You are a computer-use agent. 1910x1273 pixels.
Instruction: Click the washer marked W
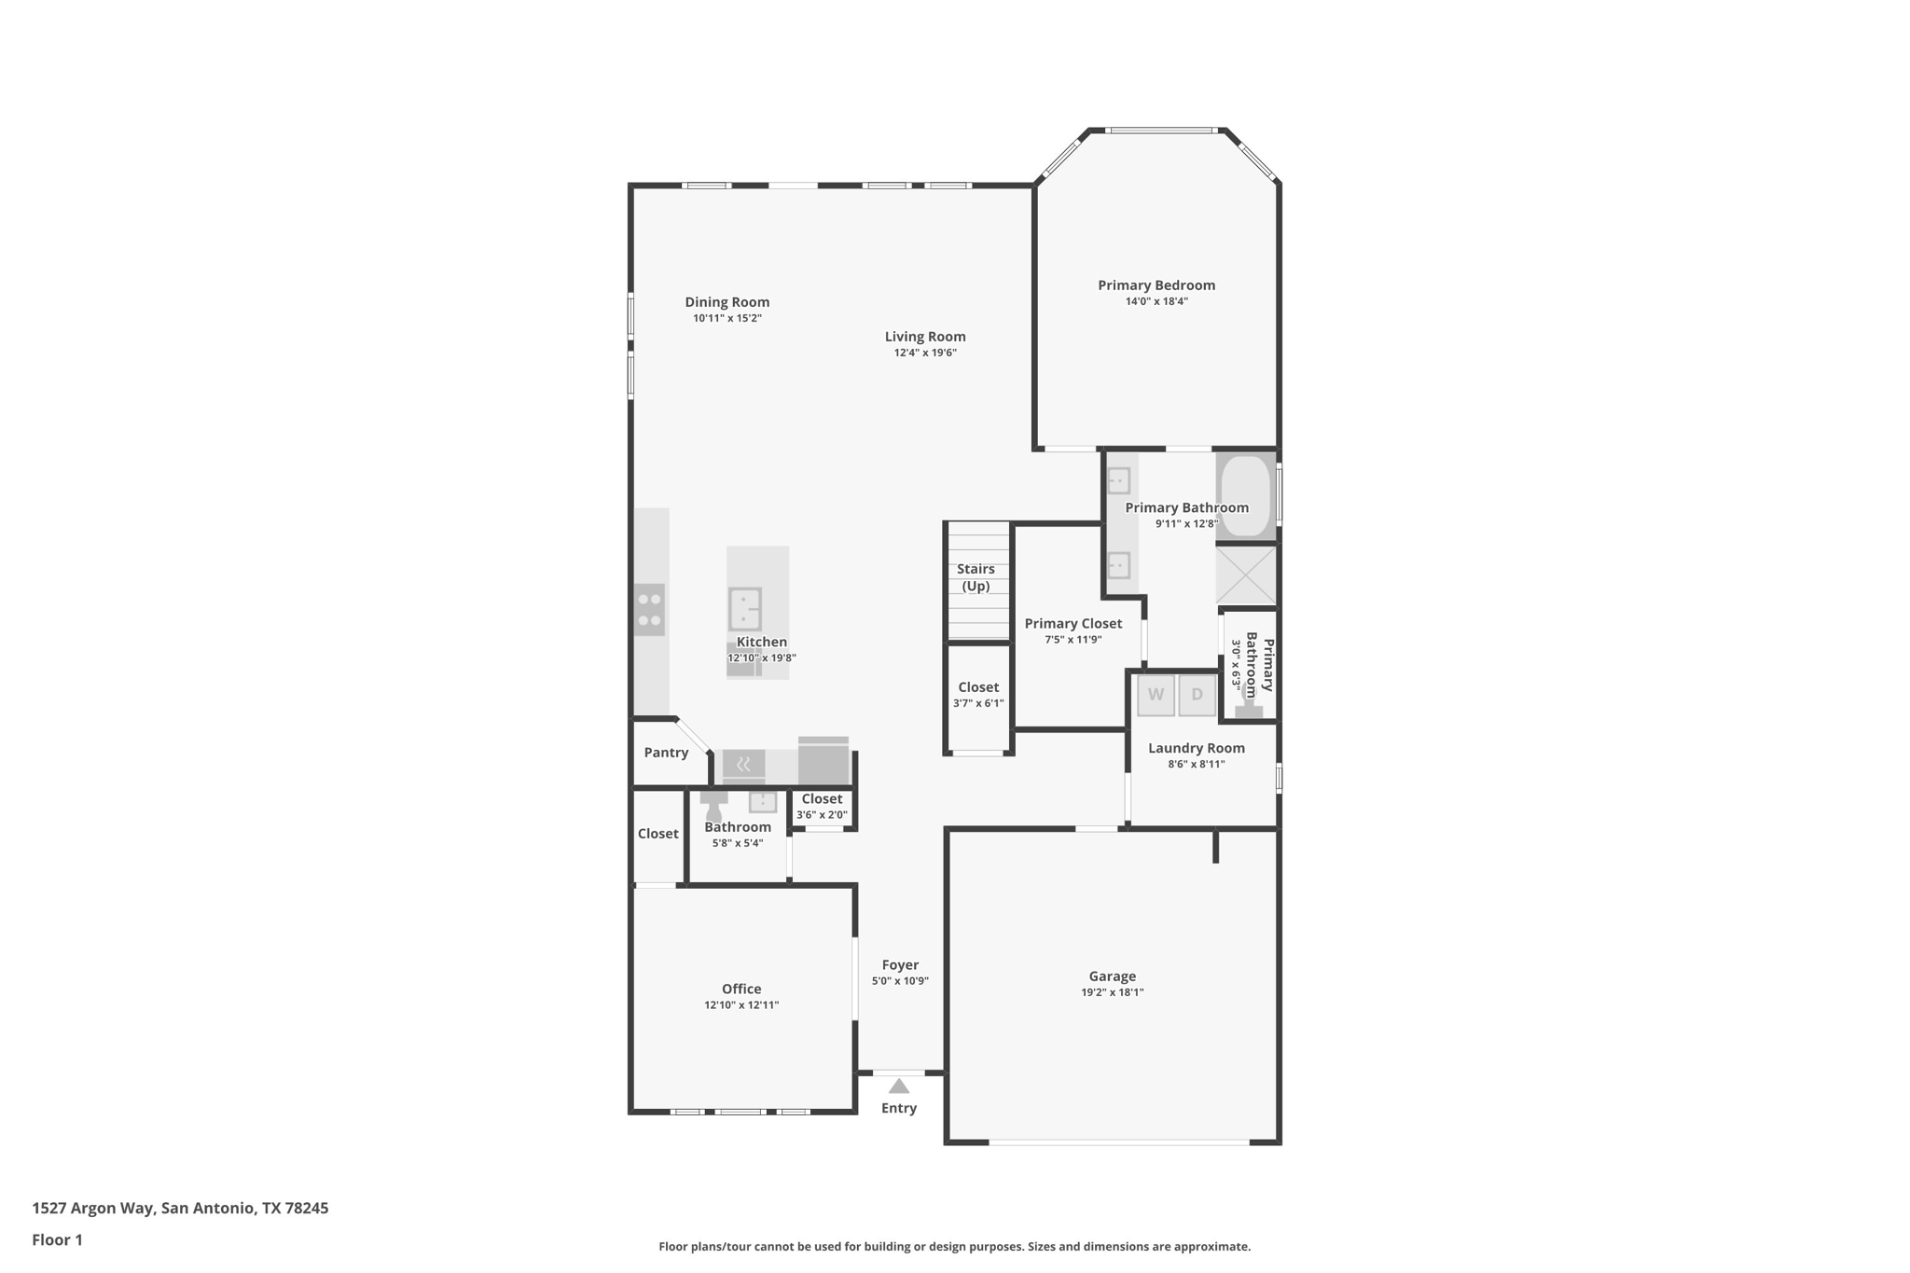[1156, 695]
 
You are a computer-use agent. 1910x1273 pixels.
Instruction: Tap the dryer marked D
[1197, 695]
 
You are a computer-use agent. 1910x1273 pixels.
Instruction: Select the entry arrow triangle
[898, 1086]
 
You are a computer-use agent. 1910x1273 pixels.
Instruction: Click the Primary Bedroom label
[1156, 285]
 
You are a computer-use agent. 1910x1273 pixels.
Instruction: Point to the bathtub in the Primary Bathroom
[1245, 495]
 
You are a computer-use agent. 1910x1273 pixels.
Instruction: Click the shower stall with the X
[1246, 574]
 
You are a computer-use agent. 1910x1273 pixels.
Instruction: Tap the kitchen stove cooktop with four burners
[649, 610]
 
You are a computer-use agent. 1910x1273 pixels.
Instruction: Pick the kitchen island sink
[744, 609]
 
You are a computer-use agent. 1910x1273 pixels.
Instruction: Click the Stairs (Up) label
[976, 577]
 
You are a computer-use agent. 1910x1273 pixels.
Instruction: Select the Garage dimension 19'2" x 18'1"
[1112, 992]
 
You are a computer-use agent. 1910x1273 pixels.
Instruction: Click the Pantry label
[666, 753]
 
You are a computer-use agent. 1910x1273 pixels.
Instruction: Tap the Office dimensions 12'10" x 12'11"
[741, 1005]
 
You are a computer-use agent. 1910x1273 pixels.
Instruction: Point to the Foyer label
[900, 965]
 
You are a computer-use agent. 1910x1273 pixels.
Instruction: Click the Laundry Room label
[1196, 748]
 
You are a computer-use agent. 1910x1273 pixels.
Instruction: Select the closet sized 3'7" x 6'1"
[978, 695]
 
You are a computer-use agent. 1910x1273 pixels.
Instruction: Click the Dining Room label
[727, 302]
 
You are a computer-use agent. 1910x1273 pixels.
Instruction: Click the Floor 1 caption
[58, 1239]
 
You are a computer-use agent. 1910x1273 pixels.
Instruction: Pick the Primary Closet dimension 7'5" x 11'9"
[1073, 640]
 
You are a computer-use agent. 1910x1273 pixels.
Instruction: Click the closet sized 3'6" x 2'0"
[822, 807]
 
